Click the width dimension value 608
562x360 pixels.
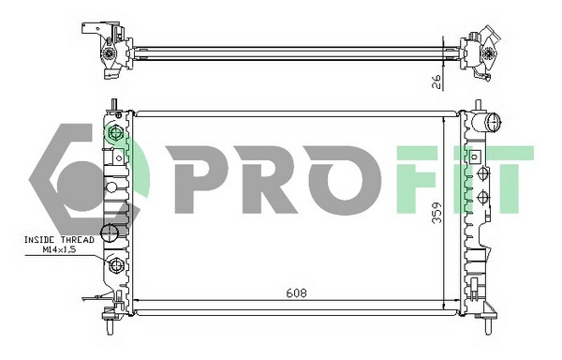click(x=296, y=292)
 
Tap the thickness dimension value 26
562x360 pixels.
click(x=436, y=81)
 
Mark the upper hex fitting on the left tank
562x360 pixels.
click(x=116, y=133)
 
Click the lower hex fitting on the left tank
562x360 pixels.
click(x=116, y=268)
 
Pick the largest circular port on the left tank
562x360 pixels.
click(x=110, y=232)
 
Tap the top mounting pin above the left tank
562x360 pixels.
click(x=112, y=103)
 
